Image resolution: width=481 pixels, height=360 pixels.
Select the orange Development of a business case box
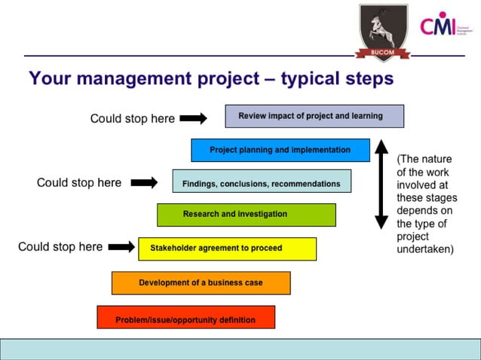201,283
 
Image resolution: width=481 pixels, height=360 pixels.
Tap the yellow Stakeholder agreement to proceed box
227,249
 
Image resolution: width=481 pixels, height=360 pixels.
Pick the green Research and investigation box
246,215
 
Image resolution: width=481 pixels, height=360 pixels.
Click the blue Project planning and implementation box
280,150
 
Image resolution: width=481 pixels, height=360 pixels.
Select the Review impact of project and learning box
314,116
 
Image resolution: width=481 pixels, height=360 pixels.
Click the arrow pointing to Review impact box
193,118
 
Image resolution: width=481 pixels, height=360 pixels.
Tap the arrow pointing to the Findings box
144,182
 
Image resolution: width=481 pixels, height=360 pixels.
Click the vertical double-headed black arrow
381,184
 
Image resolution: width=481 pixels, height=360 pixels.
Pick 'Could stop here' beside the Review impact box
132,118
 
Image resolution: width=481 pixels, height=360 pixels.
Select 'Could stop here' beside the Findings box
79,182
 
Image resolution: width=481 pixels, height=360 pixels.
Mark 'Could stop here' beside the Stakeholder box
60,246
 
